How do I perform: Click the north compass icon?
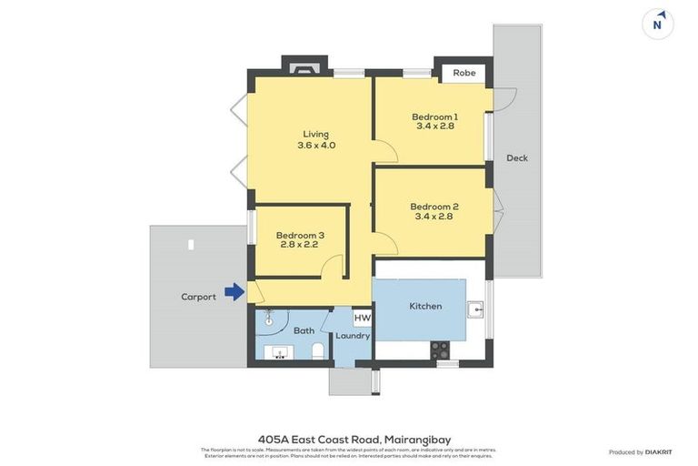tap(657, 24)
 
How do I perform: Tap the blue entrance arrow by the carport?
tap(234, 292)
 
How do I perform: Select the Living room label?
tap(316, 134)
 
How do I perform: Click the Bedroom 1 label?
tap(434, 116)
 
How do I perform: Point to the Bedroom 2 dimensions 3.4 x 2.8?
tap(434, 217)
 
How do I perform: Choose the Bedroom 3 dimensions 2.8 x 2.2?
tap(300, 245)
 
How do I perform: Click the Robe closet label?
tap(464, 73)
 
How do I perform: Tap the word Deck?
tap(517, 158)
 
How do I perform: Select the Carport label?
tap(198, 297)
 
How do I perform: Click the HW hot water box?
tap(362, 318)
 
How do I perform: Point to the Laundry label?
tap(353, 336)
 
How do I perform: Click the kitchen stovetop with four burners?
tap(439, 348)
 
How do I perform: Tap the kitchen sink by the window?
tap(474, 309)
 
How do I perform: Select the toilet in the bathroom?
tap(318, 350)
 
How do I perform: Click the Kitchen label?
tap(425, 306)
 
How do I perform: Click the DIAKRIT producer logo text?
tap(659, 451)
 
